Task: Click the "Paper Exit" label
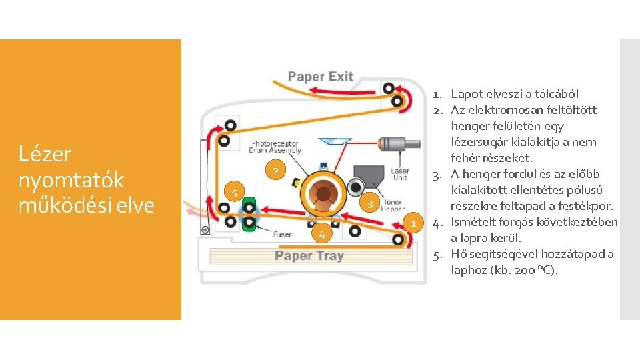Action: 321,77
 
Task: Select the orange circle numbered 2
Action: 275,171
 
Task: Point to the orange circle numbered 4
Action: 321,235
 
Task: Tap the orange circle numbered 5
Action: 234,194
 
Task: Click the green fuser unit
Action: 249,215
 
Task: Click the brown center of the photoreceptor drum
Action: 323,193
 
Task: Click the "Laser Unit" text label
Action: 400,175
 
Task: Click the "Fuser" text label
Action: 281,234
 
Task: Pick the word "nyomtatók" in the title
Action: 71,179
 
